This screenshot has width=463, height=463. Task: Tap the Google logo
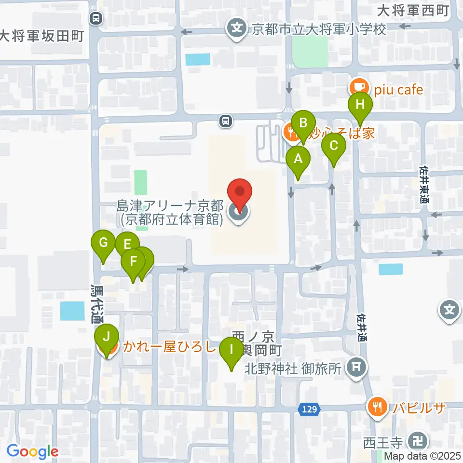pos(32,452)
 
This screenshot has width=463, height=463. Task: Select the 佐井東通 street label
pos(424,183)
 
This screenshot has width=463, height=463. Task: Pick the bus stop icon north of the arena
pos(225,121)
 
